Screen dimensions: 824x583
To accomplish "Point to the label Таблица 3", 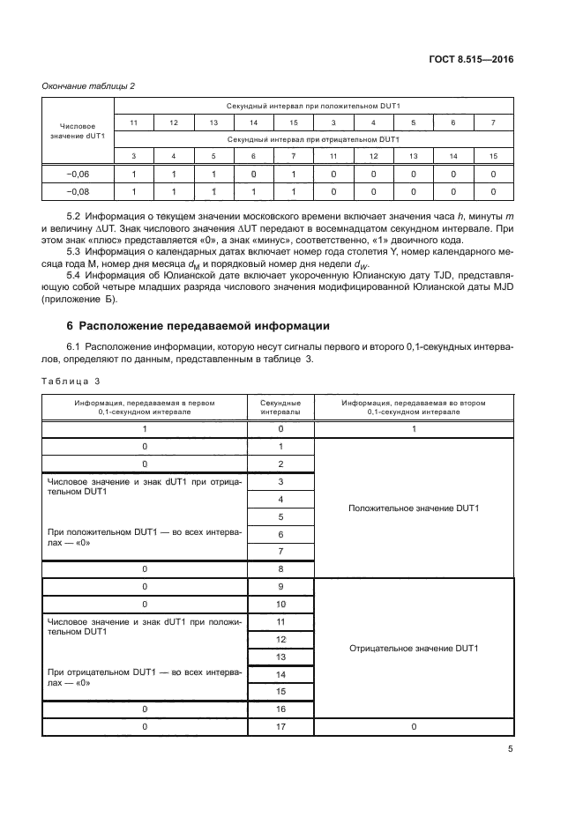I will (71, 381).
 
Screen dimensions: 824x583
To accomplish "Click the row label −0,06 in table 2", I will (78, 174).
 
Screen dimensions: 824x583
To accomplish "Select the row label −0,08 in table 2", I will (78, 190).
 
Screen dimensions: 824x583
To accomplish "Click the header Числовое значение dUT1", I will (78, 131).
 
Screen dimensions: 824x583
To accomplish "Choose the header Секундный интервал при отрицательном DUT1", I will (313, 139).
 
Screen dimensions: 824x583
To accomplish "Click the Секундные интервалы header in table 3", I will (280, 406).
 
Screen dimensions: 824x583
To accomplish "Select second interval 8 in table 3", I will (280, 568).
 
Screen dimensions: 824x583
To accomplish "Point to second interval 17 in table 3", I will (280, 726).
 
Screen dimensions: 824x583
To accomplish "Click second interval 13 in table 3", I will (280, 657).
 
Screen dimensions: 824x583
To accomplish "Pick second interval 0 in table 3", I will (280, 428).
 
